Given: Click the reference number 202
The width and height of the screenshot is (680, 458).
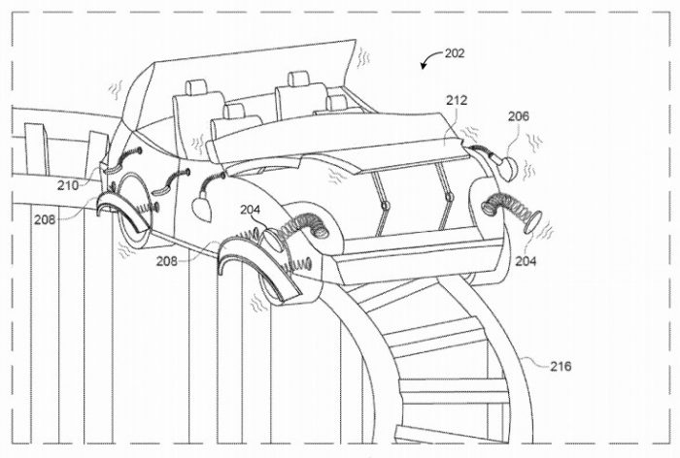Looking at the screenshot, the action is click(x=455, y=53).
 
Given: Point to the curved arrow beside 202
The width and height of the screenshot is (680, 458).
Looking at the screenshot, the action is click(x=429, y=59).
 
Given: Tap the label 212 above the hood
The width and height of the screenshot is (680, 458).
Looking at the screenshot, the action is click(x=458, y=101).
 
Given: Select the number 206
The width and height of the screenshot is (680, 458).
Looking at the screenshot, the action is click(x=519, y=116).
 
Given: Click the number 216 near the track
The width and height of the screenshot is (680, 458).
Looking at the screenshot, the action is click(x=561, y=366).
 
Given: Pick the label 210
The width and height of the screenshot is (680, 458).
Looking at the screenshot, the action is click(x=68, y=185).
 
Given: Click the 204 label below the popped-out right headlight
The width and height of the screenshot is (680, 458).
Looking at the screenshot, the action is click(x=526, y=261).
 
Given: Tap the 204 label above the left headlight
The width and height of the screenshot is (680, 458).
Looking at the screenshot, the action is click(x=251, y=211).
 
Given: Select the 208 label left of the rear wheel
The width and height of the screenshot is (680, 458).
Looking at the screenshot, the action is click(x=45, y=219).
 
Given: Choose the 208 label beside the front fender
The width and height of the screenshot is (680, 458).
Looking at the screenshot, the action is click(x=167, y=261).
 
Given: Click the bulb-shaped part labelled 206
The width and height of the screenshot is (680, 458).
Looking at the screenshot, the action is click(x=504, y=168).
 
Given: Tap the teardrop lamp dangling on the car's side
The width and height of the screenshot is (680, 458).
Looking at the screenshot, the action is click(x=200, y=207).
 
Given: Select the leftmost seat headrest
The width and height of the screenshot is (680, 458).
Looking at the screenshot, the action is click(x=196, y=87).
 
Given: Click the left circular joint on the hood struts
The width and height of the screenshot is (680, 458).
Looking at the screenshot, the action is click(x=385, y=205).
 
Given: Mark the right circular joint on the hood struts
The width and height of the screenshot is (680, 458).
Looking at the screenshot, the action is click(x=450, y=198).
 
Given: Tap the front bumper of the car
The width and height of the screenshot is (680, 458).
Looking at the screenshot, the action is click(x=417, y=255).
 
